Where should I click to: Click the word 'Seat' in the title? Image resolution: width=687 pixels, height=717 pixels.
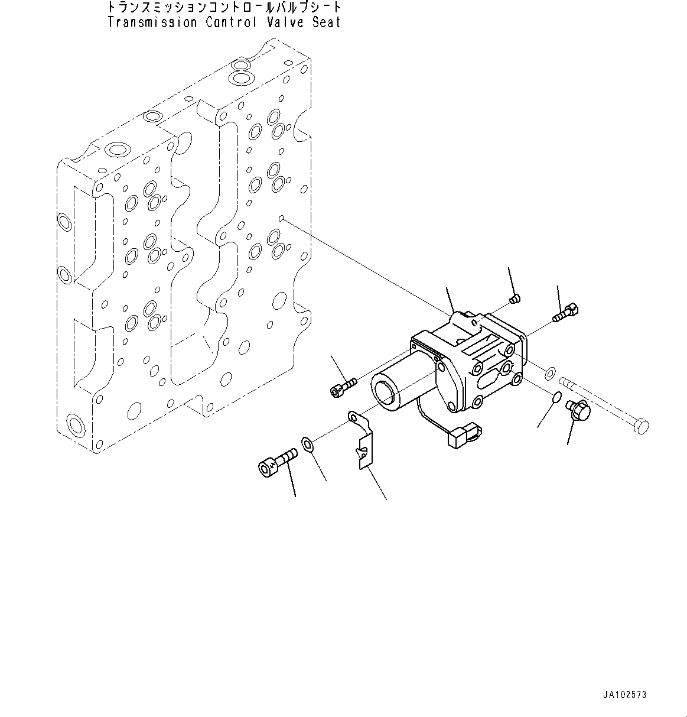(x=327, y=22)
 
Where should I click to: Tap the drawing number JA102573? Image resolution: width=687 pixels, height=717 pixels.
(x=624, y=695)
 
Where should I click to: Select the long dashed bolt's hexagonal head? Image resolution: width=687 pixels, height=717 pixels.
(x=643, y=426)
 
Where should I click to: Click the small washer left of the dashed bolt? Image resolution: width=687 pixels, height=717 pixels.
(x=548, y=372)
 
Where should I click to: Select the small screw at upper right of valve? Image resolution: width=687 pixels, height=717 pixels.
(x=568, y=312)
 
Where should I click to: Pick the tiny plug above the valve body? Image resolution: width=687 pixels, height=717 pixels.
(x=515, y=299)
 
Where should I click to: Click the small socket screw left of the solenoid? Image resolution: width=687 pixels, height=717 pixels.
(x=342, y=386)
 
